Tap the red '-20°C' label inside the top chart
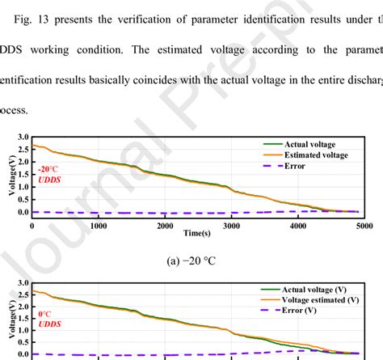pyautogui.click(x=47, y=170)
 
